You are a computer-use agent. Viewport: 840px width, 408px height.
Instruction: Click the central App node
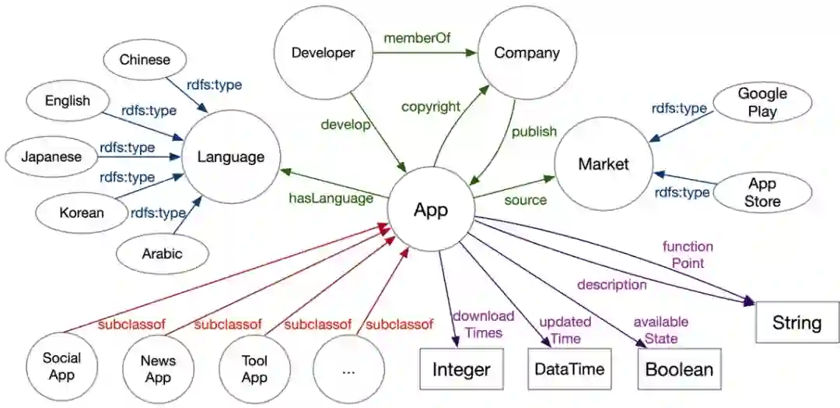430,209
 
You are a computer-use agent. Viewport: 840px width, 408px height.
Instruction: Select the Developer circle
323,54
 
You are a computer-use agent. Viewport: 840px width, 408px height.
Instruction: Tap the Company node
527,54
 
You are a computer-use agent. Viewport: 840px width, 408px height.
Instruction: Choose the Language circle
230,157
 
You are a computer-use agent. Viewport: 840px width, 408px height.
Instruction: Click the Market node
603,164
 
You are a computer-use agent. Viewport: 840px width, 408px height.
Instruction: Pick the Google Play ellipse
762,102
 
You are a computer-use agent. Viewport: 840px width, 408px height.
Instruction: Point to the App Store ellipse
762,192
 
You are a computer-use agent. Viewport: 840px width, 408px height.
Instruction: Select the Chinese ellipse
145,60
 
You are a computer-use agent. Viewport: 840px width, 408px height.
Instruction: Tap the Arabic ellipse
162,253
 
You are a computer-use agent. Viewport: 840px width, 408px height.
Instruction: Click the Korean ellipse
81,211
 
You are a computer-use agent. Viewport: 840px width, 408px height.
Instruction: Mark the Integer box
461,369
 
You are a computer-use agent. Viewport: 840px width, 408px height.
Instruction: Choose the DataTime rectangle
569,369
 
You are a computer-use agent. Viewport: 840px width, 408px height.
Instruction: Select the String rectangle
796,322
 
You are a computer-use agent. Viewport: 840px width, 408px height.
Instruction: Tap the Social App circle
61,367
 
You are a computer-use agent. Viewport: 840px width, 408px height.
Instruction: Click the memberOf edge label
417,37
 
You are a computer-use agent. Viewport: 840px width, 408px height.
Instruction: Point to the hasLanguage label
331,199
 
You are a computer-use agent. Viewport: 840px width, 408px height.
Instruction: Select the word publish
534,132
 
